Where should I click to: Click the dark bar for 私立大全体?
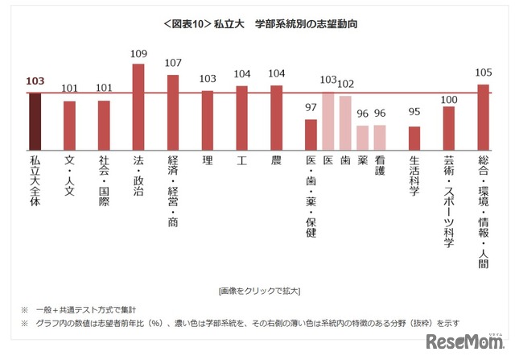(35, 122)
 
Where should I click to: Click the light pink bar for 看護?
(380, 138)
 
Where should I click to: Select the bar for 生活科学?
(414, 139)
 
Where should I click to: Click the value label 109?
(138, 55)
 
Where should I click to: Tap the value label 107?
(173, 64)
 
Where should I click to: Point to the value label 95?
(414, 113)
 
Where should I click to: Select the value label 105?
(484, 72)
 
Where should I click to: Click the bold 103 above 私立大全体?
(35, 81)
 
